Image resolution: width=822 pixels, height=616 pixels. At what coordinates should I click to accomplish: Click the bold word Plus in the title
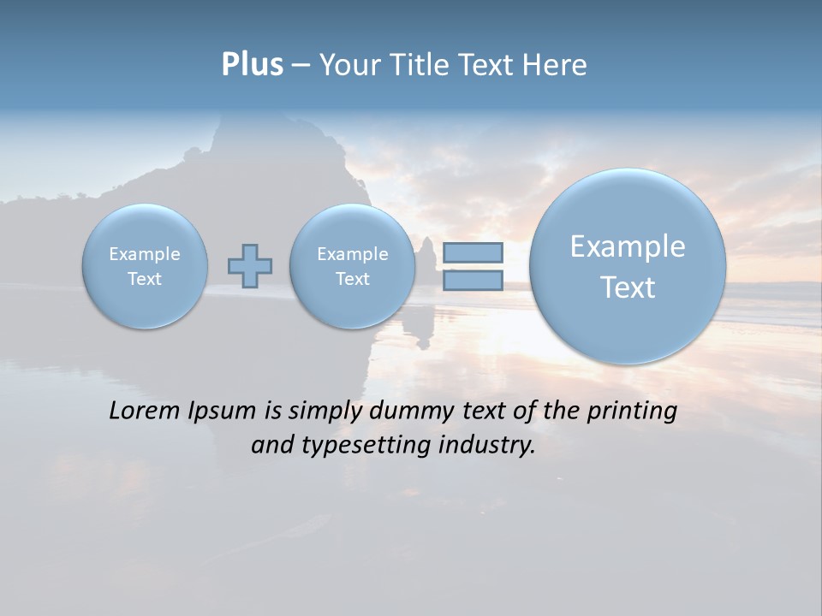click(x=252, y=65)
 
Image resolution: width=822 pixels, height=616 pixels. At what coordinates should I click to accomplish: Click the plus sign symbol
click(x=250, y=266)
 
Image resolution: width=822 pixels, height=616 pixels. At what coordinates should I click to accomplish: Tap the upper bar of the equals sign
click(x=473, y=252)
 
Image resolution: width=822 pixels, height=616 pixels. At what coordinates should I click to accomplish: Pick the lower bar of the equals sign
click(x=473, y=280)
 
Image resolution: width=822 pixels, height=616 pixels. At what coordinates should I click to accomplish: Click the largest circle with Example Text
click(x=628, y=266)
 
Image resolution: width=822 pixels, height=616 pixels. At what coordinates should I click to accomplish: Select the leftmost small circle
click(x=145, y=266)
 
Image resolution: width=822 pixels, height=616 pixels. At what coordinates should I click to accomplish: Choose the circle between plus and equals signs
click(x=352, y=266)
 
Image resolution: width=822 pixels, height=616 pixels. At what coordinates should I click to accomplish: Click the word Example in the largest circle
click(x=628, y=246)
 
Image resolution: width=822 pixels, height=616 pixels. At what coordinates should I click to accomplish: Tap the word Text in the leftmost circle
click(x=145, y=279)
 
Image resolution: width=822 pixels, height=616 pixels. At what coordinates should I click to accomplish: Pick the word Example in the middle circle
click(x=352, y=254)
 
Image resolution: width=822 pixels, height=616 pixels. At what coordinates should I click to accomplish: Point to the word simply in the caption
click(x=326, y=412)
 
